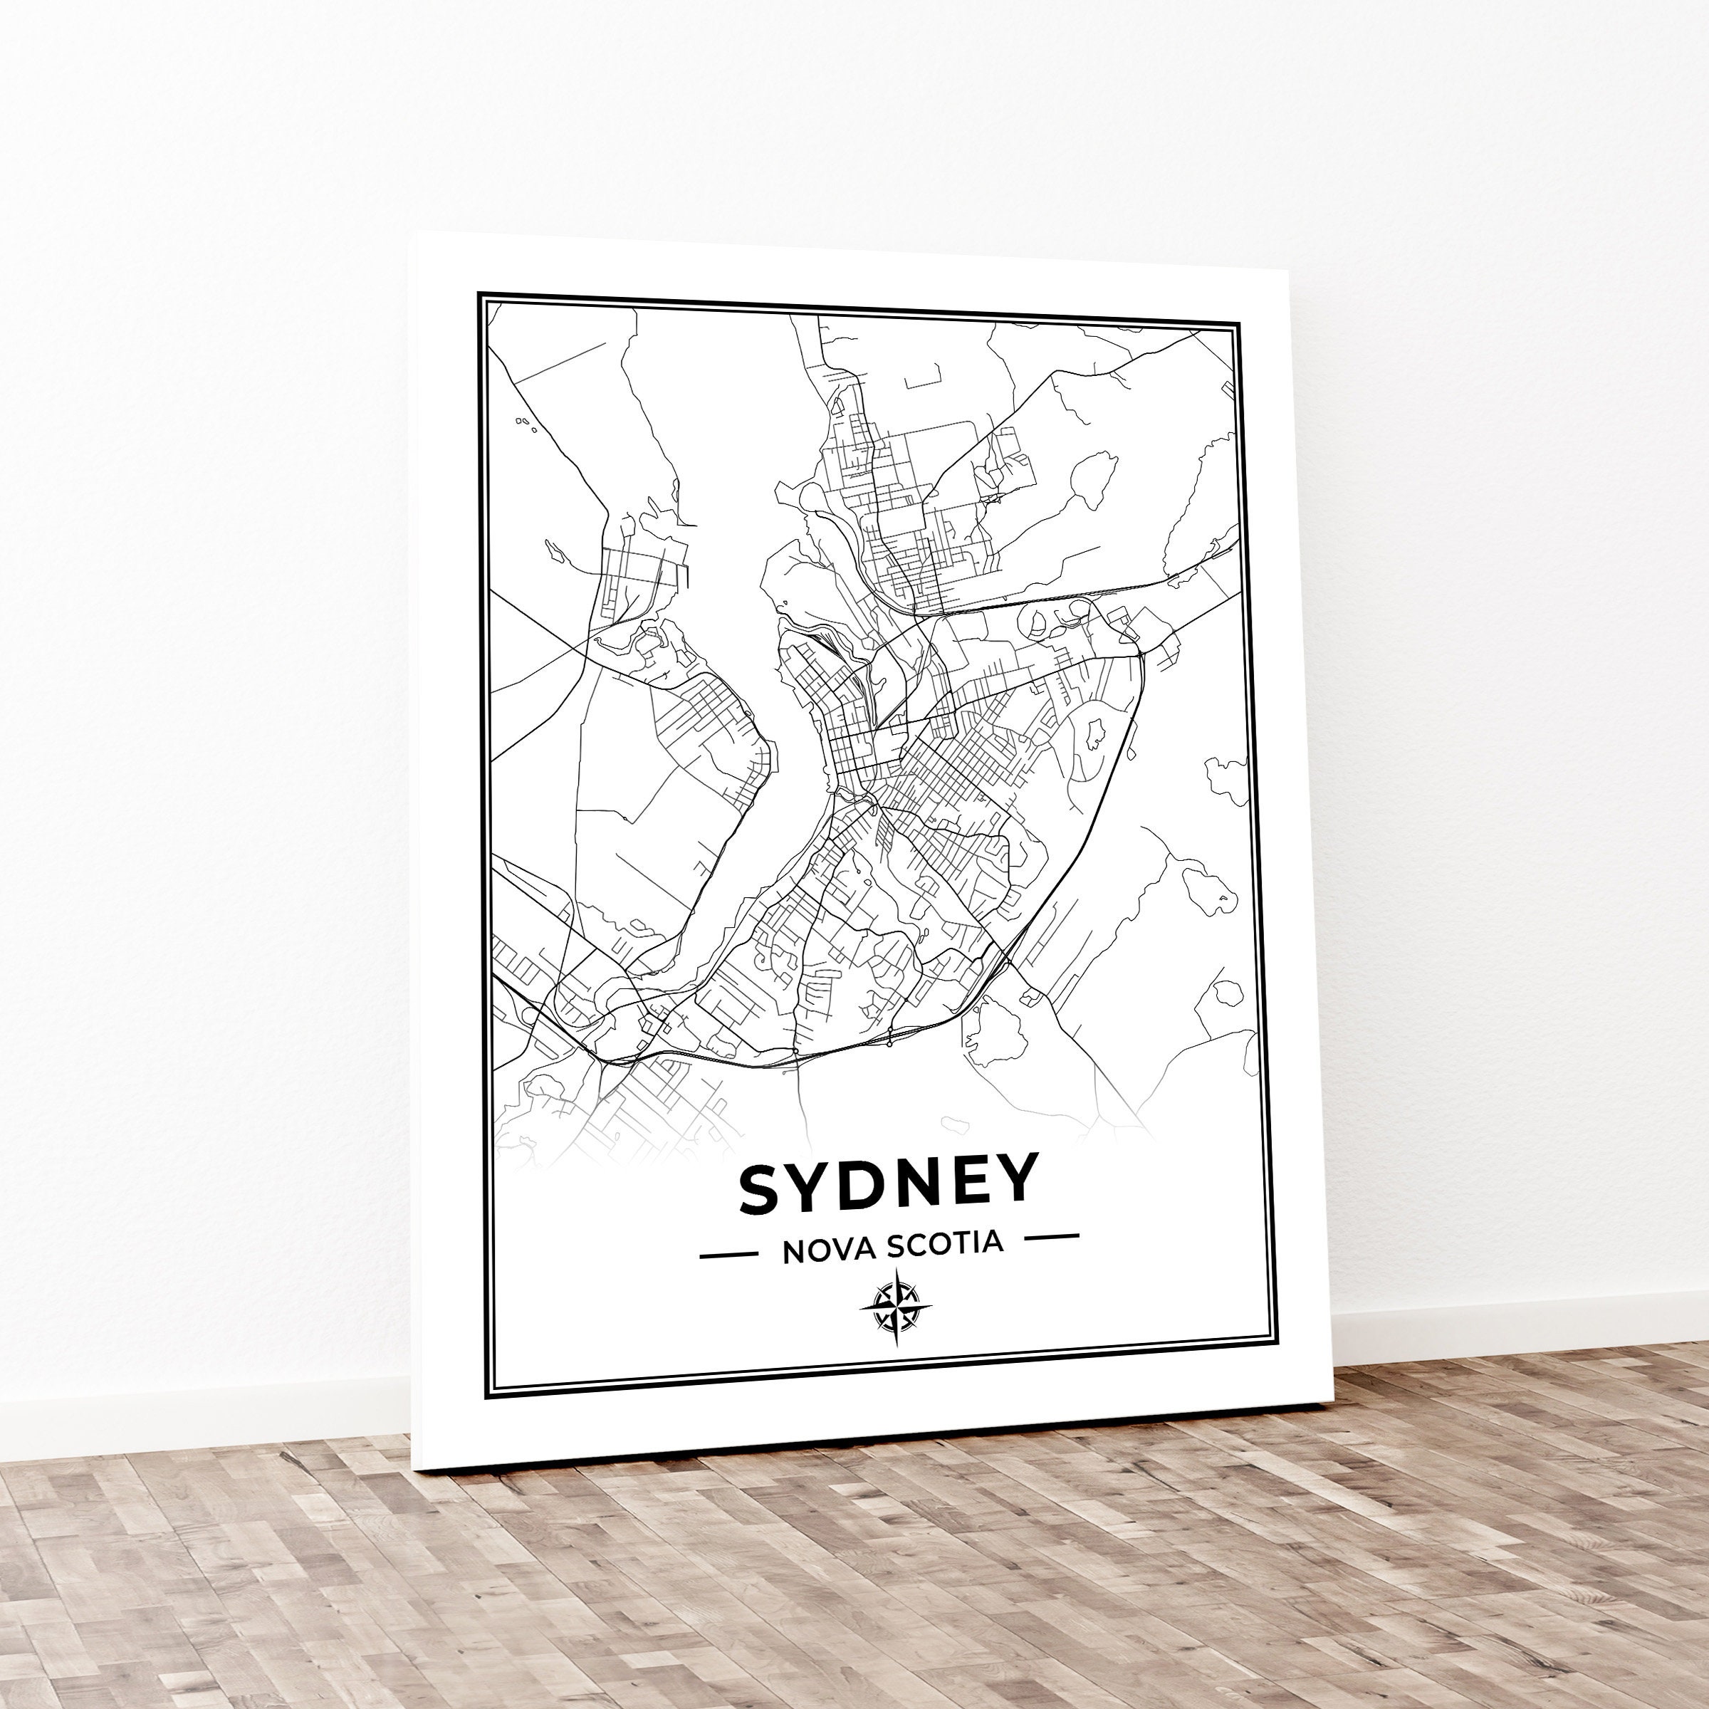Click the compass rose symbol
pyautogui.click(x=895, y=1307)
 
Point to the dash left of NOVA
pyautogui.click(x=728, y=1254)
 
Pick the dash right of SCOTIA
pyautogui.click(x=1052, y=1235)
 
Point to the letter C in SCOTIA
pyautogui.click(x=914, y=1245)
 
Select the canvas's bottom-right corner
pyautogui.click(x=1332, y=1402)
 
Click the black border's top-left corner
pyautogui.click(x=479, y=293)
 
